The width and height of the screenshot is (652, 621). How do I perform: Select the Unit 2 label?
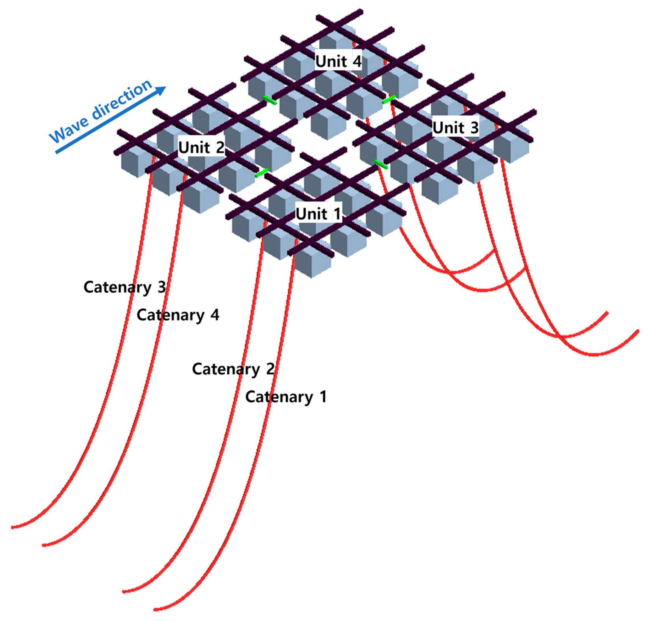(201, 148)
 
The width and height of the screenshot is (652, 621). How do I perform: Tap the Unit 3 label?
(455, 128)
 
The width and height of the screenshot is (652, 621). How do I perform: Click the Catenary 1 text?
(286, 397)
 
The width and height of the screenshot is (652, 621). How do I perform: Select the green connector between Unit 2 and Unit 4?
(269, 100)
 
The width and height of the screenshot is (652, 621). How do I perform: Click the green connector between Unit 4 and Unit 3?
(389, 99)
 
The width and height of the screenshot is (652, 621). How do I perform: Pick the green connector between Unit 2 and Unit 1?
(261, 173)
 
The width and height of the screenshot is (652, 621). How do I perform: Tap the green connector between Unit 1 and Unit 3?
(381, 164)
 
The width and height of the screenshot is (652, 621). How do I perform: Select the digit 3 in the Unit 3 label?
(474, 128)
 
